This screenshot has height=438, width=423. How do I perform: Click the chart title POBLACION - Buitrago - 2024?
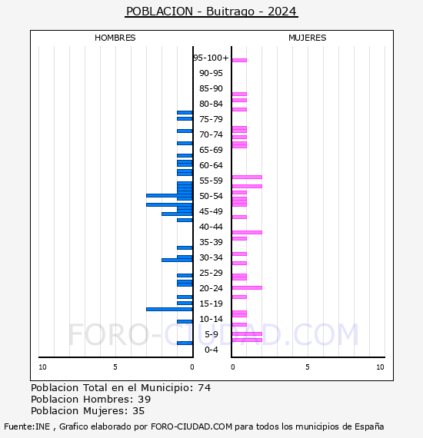click(211, 12)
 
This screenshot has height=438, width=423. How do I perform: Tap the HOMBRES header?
click(115, 38)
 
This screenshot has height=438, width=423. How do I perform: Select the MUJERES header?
click(308, 38)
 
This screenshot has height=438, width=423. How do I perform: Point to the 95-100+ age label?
click(211, 58)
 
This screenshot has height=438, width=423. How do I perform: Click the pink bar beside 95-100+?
click(239, 60)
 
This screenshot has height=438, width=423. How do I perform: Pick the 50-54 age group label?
click(211, 196)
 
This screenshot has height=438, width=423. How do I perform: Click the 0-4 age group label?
click(211, 350)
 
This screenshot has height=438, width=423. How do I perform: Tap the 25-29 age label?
click(211, 273)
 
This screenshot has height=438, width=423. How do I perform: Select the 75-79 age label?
click(211, 119)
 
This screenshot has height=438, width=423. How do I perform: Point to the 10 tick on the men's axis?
click(42, 367)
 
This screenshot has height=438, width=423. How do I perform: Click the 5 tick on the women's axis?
click(308, 367)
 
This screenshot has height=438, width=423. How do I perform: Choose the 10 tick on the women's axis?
click(380, 367)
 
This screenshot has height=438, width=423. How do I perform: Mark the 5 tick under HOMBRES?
click(115, 367)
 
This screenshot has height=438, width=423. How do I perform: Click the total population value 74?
click(205, 388)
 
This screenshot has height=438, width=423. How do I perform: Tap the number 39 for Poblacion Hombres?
click(145, 400)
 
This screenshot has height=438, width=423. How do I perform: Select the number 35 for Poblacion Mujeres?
click(138, 411)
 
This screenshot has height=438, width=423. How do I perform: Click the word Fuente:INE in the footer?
click(27, 426)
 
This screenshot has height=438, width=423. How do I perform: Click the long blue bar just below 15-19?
click(169, 309)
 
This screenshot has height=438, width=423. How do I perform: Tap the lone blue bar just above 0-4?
click(185, 343)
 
